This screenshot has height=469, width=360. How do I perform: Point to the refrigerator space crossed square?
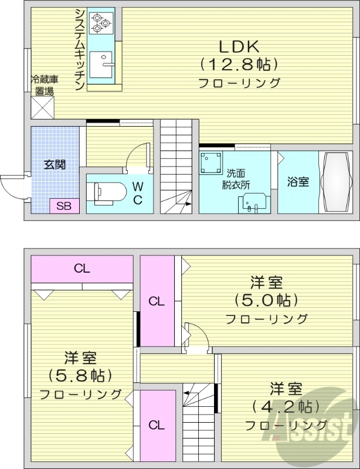43,107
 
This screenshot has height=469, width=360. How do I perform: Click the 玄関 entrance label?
55,164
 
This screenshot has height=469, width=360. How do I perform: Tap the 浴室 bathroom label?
297,182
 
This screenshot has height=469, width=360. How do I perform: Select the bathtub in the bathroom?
336,182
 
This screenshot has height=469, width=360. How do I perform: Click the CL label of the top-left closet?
81,269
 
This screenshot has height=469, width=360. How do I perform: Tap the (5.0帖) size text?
267,300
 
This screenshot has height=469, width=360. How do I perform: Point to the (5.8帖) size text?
80,375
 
